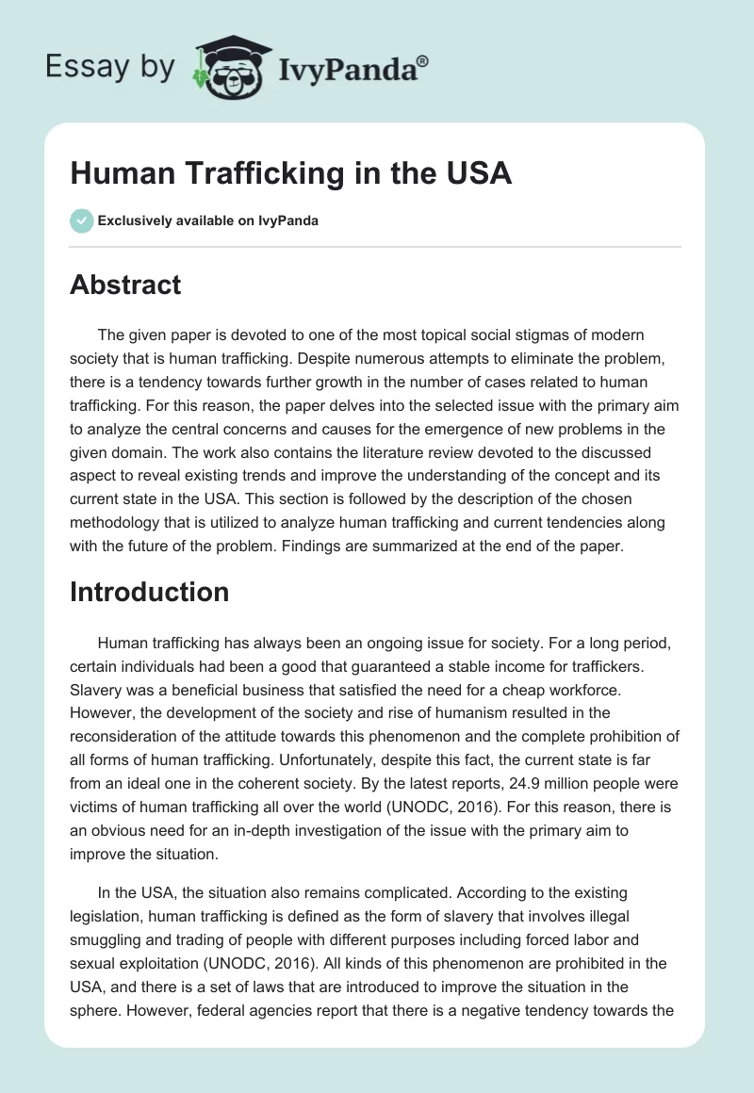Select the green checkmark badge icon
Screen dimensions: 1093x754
[x=81, y=220]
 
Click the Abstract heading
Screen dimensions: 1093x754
[x=125, y=285]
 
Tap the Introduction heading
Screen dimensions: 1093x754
[x=149, y=591]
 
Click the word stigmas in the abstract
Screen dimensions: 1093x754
[x=556, y=336]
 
